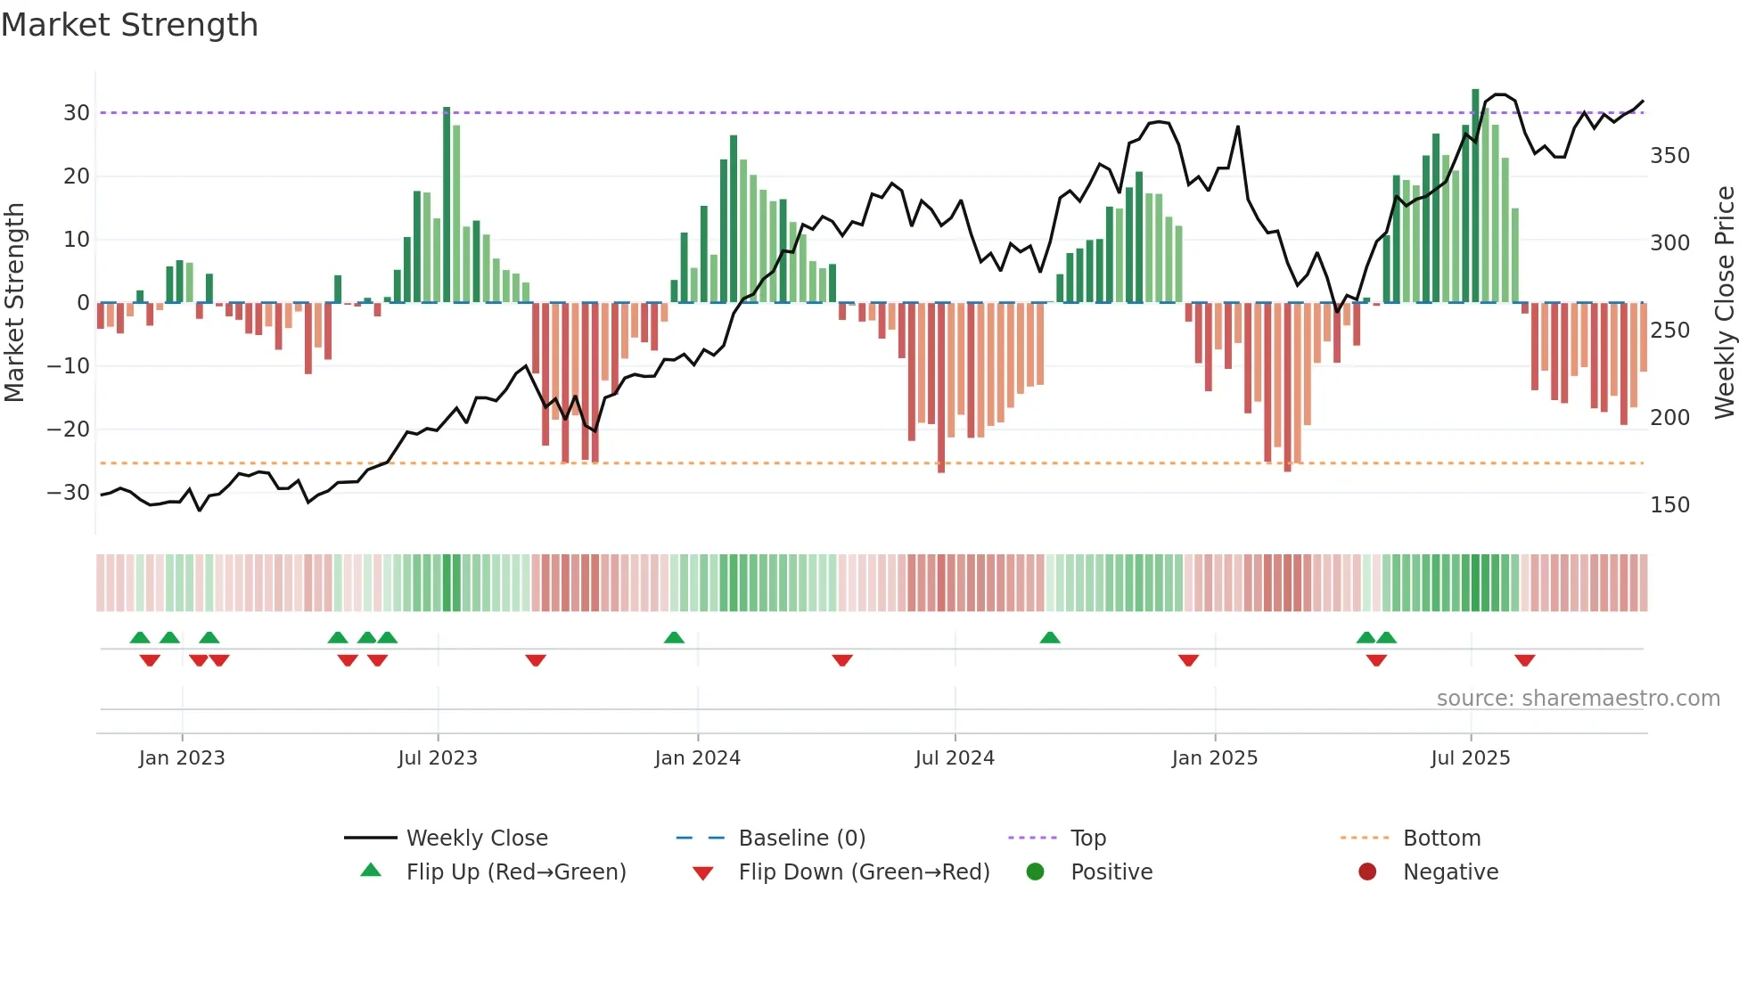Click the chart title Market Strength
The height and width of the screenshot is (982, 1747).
point(130,25)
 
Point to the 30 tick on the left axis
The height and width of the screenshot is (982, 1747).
point(77,113)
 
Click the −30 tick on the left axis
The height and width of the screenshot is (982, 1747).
point(70,493)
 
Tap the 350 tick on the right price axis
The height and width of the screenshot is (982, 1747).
point(1669,156)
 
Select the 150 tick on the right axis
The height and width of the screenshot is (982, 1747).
point(1669,505)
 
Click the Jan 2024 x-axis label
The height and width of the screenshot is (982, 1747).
point(697,758)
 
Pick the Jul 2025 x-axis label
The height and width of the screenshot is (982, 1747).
point(1470,758)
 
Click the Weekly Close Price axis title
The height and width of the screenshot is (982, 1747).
point(1725,303)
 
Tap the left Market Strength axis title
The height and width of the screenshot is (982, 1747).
point(14,303)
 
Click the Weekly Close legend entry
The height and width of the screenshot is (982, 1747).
point(477,839)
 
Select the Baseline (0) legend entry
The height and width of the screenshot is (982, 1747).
point(801,839)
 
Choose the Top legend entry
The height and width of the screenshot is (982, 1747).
point(1087,839)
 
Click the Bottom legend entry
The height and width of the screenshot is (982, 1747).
point(1441,839)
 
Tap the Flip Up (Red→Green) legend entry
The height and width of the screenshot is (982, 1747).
point(515,872)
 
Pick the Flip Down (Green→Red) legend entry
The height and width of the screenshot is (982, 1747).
point(863,872)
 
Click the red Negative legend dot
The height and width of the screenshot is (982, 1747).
point(1367,872)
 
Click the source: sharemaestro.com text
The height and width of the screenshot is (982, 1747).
point(1578,699)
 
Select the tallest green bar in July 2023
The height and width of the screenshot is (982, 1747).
point(447,205)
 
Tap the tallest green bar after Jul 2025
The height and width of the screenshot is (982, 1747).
point(1475,196)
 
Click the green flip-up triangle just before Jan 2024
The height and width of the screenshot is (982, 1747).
point(674,637)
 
